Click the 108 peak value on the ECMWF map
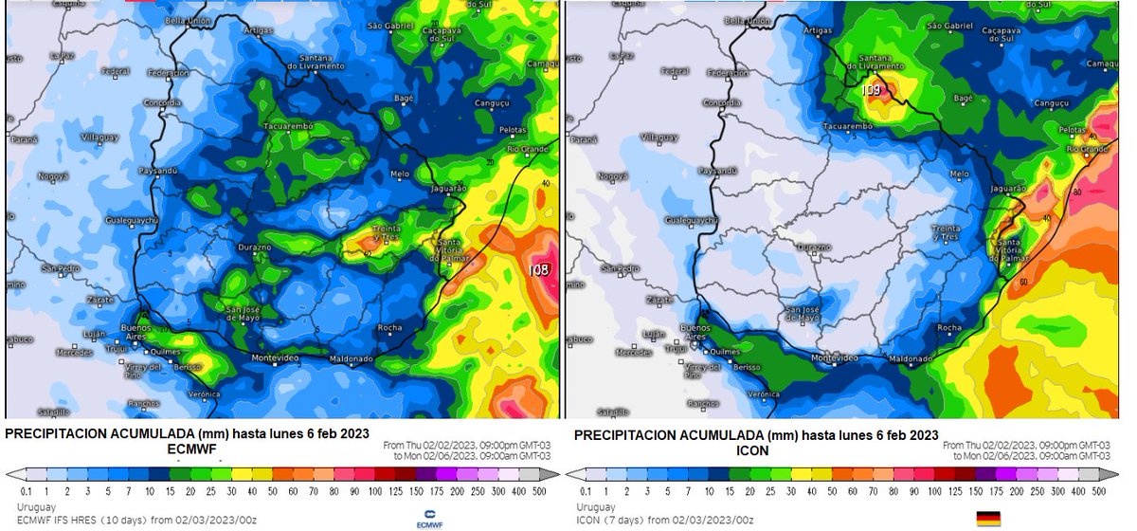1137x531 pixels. pos(539,269)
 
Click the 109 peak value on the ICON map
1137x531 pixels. pos(872,90)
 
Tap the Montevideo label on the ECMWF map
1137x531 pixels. pos(275,357)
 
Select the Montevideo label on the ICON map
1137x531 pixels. pos(835,357)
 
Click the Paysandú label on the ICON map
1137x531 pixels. pos(716,171)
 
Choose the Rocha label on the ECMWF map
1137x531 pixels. pos(389,328)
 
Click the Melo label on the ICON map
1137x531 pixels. pos(960,174)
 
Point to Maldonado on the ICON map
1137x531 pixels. pos(910,359)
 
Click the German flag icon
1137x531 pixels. pos(989,518)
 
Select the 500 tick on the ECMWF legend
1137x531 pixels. pos(540,491)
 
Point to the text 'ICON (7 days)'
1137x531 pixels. pos(608,519)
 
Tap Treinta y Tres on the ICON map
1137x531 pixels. pos(946,233)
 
